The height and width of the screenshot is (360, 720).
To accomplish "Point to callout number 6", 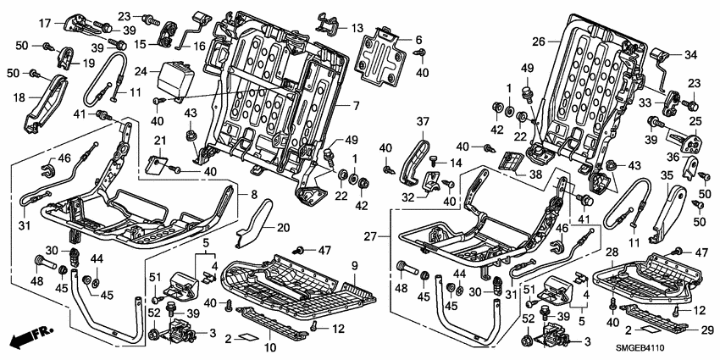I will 418,39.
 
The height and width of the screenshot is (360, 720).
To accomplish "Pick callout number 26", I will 540,40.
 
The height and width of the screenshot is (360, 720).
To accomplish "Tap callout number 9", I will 354,265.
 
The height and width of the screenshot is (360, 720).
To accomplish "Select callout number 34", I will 690,55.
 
